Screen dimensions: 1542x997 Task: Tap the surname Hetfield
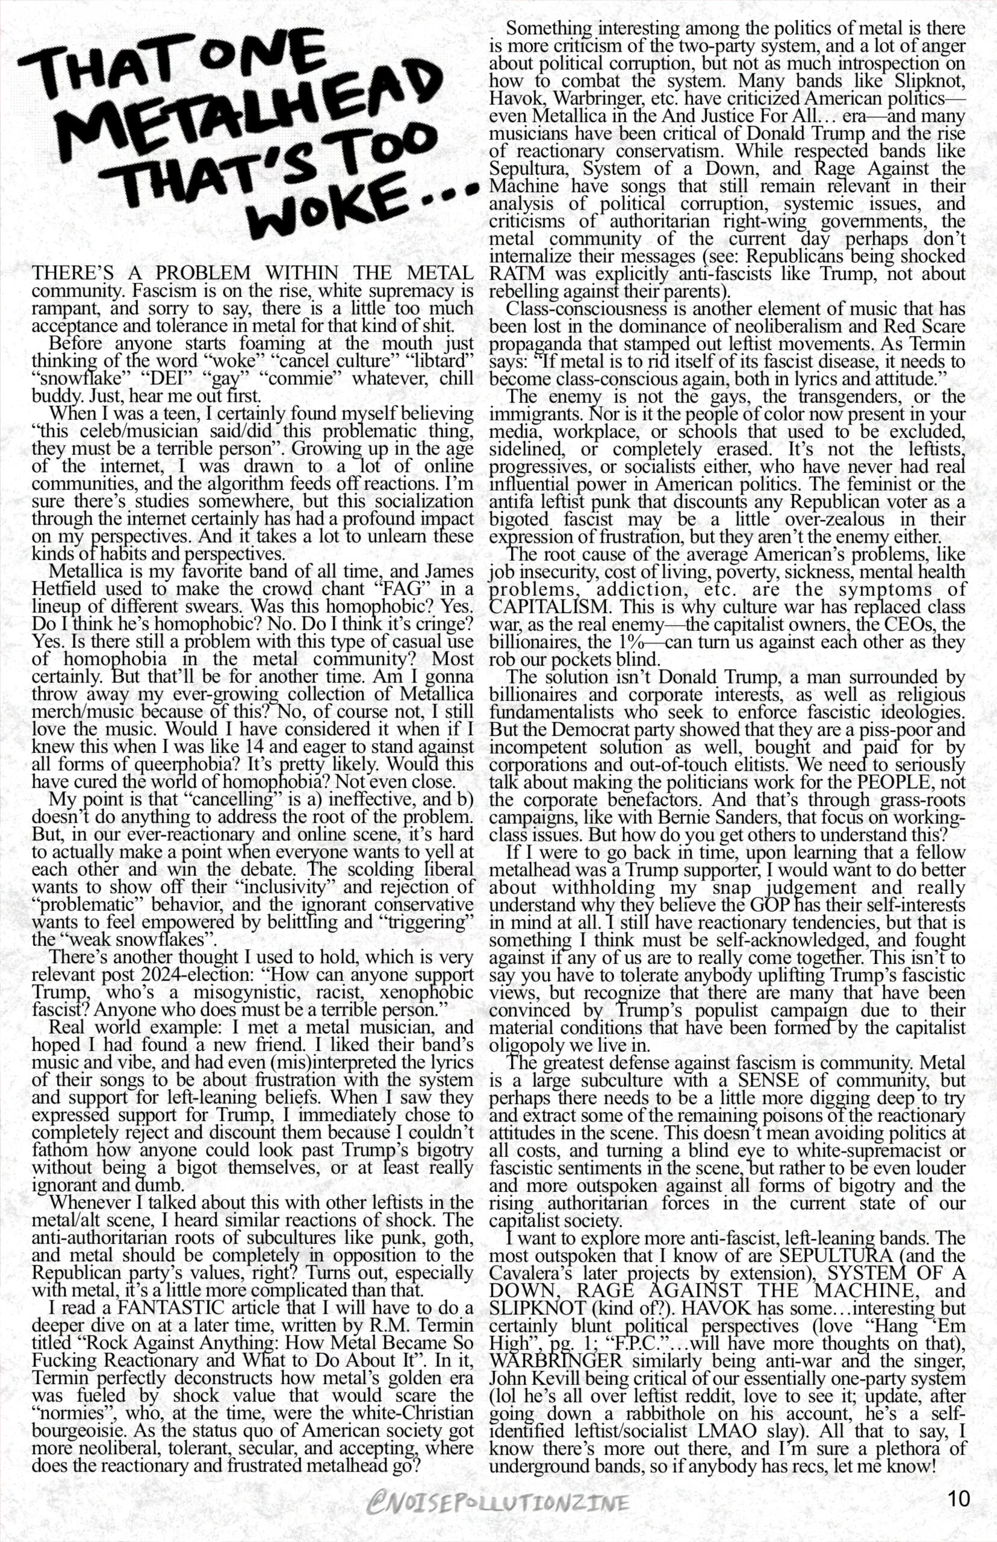coord(65,589)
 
